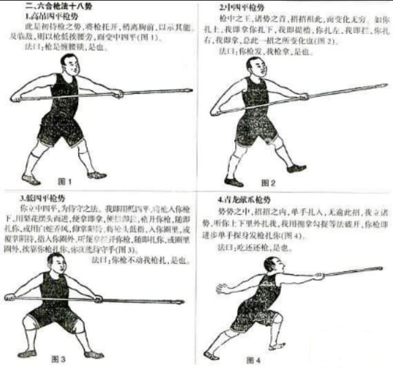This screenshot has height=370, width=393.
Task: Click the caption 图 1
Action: (x=65, y=182)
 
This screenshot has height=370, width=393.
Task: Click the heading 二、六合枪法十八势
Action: (x=57, y=6)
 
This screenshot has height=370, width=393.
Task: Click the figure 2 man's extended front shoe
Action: (x=297, y=167)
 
